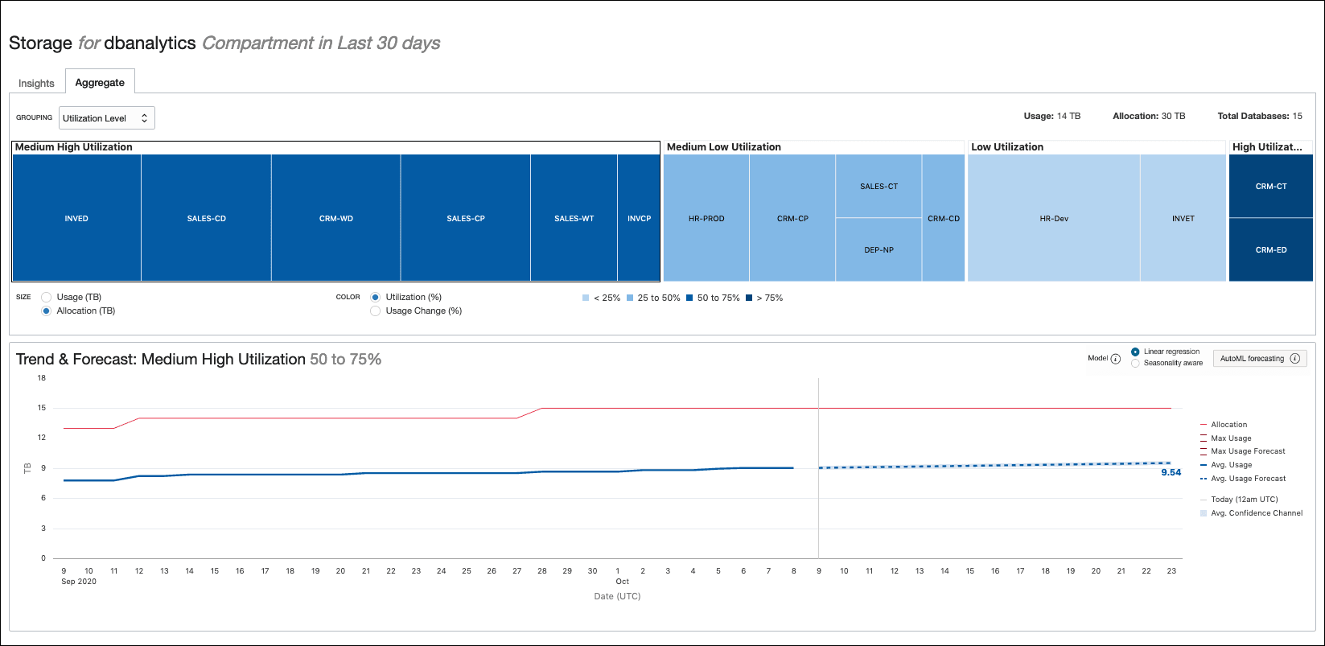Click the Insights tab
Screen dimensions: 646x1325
point(36,83)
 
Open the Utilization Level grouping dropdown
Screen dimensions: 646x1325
point(107,118)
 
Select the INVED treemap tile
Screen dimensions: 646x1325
point(76,218)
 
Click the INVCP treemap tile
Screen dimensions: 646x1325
point(639,218)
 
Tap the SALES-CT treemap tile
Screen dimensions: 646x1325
point(879,186)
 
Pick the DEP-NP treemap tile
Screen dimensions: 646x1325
point(879,249)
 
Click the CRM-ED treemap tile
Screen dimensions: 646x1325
point(1270,249)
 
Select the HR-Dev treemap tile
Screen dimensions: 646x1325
point(1053,218)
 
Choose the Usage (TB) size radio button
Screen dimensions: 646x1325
point(47,298)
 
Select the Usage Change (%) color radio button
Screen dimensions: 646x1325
point(376,311)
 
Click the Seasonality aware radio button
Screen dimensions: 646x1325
point(1135,363)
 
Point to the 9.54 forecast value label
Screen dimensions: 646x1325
point(1171,472)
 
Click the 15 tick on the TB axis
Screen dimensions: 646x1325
point(41,408)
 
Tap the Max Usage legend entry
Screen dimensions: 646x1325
point(1231,438)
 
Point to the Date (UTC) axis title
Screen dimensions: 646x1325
point(617,596)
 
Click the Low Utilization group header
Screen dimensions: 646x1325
point(1007,147)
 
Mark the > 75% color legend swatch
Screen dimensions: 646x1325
point(749,298)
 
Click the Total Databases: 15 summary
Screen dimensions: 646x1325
point(1259,117)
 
